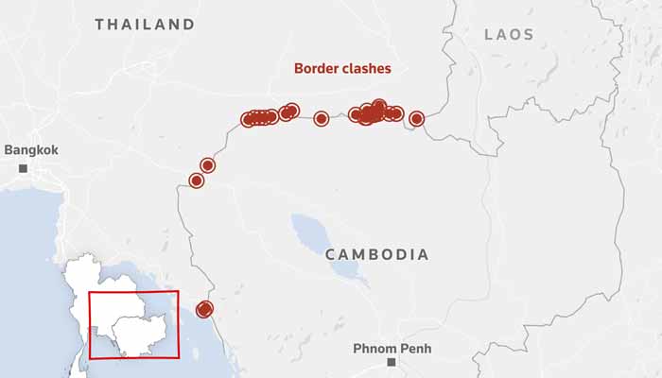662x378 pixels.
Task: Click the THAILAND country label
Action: click(145, 25)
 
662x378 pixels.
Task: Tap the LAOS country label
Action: click(509, 34)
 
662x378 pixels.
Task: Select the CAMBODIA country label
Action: click(376, 254)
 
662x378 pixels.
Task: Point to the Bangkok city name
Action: click(31, 149)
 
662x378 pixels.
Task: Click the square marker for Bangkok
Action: click(22, 168)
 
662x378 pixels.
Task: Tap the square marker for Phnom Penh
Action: click(391, 362)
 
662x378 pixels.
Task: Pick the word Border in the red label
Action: click(315, 68)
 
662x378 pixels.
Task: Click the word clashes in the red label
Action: click(366, 68)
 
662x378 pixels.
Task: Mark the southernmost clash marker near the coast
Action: click(204, 310)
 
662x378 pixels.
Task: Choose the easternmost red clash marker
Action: click(416, 119)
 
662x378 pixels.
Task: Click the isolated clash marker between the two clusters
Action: click(321, 119)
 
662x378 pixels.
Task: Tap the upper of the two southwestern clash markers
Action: click(208, 165)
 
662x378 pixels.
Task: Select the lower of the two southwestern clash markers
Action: click(197, 180)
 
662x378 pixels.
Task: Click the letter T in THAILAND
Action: click(99, 25)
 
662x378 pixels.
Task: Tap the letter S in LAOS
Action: click(529, 34)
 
